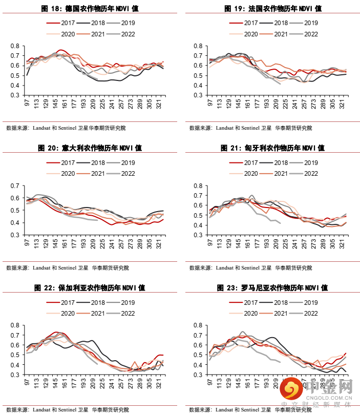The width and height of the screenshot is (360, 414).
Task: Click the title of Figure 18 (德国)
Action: click(x=90, y=9)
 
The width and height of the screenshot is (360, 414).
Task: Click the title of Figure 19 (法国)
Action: click(x=273, y=9)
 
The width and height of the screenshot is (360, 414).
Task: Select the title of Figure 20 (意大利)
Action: click(x=90, y=148)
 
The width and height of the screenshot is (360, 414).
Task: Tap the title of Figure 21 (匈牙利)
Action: click(x=273, y=148)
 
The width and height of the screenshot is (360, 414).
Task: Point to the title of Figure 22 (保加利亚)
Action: click(x=90, y=288)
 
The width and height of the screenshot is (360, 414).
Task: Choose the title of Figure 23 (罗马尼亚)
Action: click(x=273, y=288)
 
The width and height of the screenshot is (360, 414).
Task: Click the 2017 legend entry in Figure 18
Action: click(x=61, y=23)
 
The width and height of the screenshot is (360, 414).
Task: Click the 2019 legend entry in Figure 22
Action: click(x=121, y=302)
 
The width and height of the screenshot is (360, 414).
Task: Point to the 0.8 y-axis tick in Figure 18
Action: click(x=15, y=46)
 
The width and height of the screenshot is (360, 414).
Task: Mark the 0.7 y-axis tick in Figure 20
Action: click(x=15, y=186)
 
